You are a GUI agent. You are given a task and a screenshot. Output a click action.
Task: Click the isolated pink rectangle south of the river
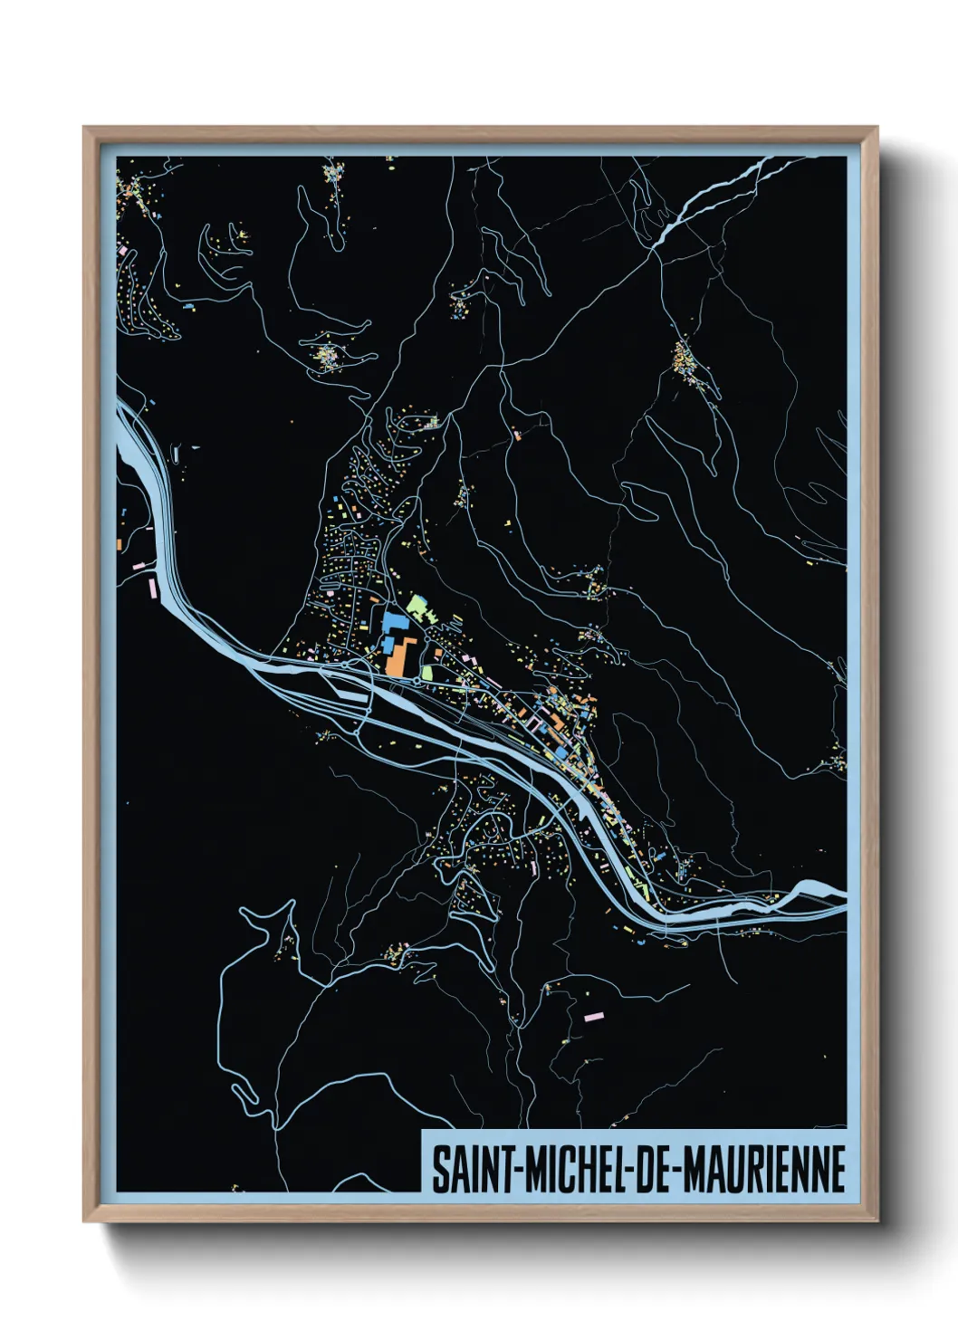594,1017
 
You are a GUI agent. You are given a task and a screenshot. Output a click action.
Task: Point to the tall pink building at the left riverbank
152,587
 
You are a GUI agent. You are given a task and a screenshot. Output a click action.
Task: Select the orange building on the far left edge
120,543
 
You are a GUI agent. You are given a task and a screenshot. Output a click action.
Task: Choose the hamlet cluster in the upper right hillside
685,360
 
